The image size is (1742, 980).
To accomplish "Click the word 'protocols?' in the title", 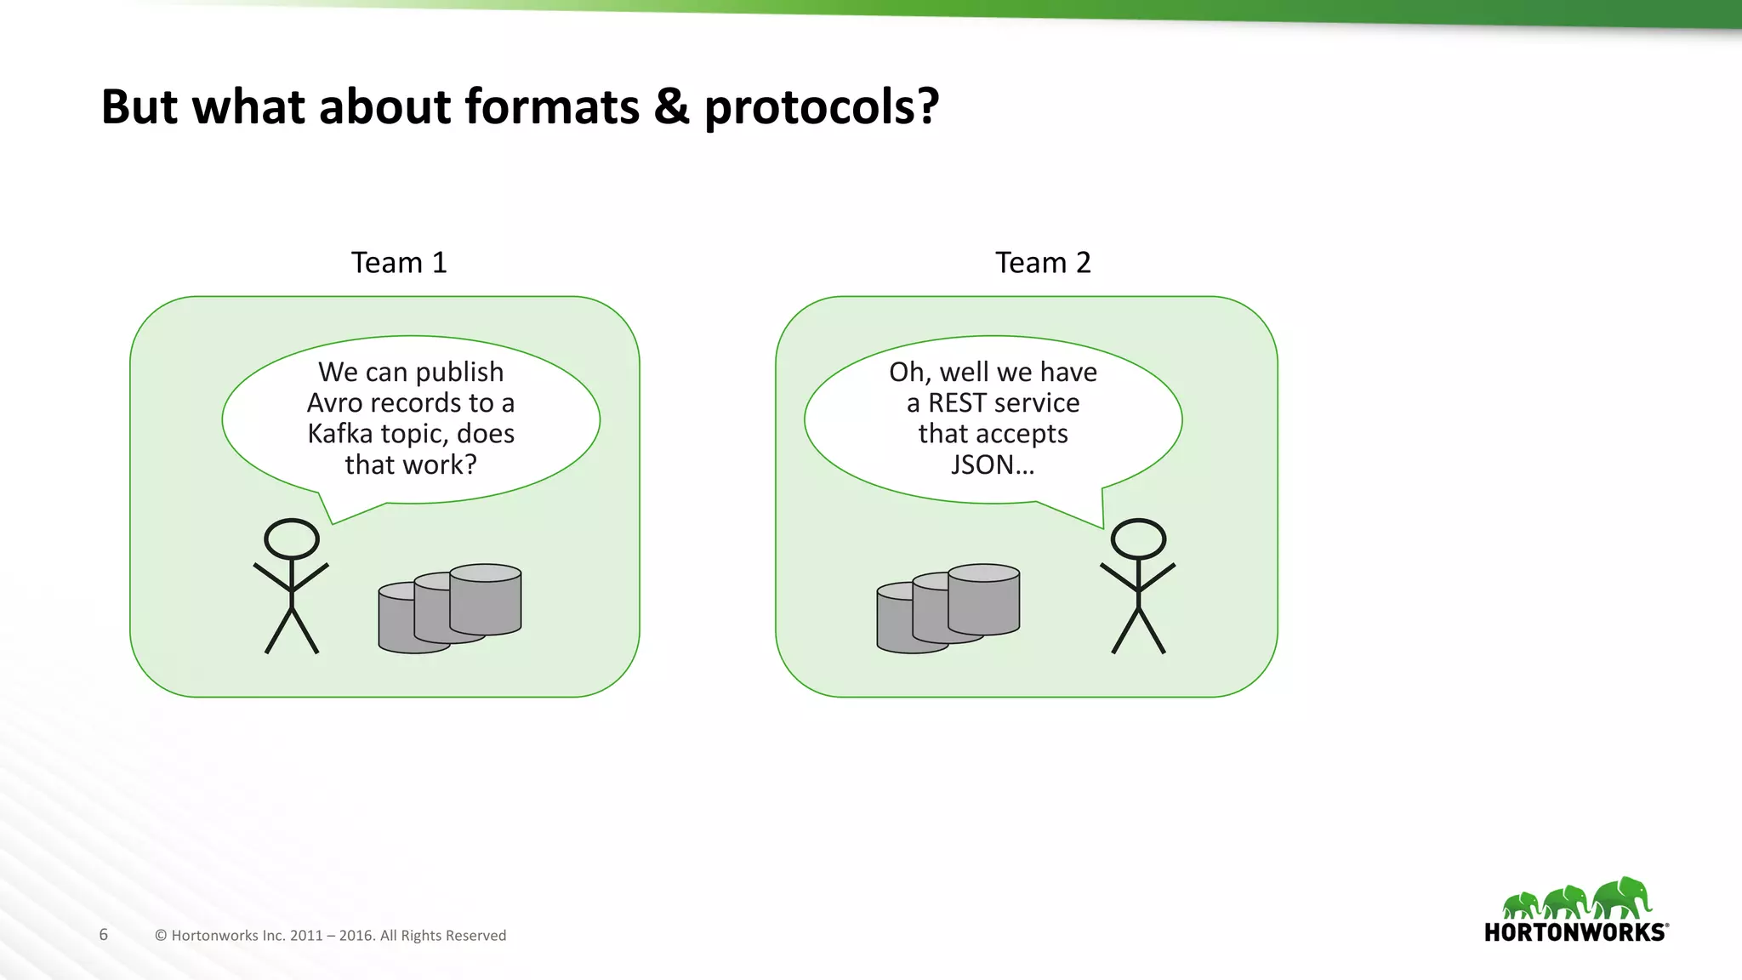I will (821, 108).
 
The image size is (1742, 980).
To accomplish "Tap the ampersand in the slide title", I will (672, 108).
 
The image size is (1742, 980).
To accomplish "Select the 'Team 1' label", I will (399, 263).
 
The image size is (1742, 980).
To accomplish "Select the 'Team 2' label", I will (1043, 263).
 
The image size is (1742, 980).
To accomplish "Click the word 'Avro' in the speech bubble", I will (335, 402).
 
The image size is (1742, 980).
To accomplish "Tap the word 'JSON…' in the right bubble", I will (993, 464).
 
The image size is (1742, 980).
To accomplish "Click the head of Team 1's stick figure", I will (292, 538).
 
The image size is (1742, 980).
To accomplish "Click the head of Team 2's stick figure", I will (1138, 538).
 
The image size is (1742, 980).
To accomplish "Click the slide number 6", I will (104, 935).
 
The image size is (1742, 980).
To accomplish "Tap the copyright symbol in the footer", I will (161, 936).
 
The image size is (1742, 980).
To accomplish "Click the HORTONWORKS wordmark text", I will (1575, 932).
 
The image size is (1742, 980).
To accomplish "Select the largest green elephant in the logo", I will (1621, 897).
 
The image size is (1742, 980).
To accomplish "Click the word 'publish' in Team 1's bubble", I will (459, 373).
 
